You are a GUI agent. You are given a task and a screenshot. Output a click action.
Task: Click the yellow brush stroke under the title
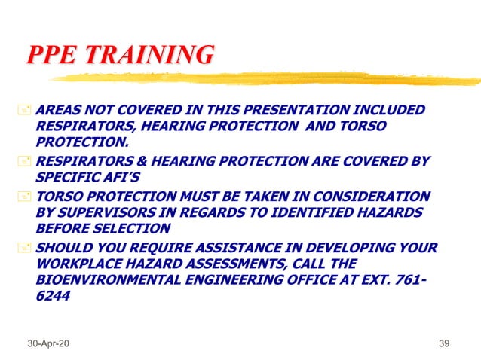click(x=264, y=78)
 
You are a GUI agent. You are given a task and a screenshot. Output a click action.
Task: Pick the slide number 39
click(x=443, y=343)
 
